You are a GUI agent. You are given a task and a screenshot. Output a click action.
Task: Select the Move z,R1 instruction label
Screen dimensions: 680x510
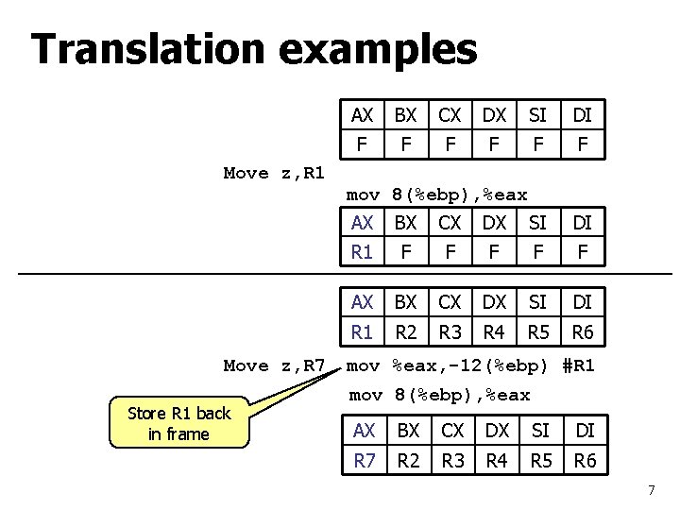[274, 173]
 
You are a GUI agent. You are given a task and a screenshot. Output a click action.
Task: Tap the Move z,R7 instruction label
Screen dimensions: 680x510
[274, 365]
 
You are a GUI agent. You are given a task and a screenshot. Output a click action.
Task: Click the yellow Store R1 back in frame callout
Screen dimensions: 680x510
[179, 423]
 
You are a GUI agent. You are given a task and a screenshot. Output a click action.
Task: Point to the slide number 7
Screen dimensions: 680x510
[651, 490]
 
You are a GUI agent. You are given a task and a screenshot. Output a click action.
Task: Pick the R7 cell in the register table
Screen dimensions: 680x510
[364, 463]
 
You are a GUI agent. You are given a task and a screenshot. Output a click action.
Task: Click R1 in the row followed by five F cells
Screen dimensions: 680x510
[362, 253]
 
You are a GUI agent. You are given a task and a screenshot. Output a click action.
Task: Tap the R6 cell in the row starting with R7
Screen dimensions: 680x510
[586, 463]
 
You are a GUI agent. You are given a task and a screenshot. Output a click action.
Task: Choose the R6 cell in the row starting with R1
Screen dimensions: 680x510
[583, 332]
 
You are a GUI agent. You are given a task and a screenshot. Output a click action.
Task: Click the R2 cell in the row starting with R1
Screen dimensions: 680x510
[406, 332]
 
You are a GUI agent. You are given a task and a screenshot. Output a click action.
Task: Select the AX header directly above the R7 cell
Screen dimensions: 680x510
[364, 431]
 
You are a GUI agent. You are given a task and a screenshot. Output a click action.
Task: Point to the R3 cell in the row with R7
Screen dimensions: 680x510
[452, 463]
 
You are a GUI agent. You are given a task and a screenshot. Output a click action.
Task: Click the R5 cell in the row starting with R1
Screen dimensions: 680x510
[538, 332]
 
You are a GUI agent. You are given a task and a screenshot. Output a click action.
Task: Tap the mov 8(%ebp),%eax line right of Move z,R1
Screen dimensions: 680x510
[436, 195]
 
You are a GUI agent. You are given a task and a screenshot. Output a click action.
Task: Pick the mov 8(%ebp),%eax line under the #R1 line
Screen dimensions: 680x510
[440, 395]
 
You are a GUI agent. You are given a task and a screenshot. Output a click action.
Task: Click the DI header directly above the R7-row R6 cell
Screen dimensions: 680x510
[586, 431]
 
